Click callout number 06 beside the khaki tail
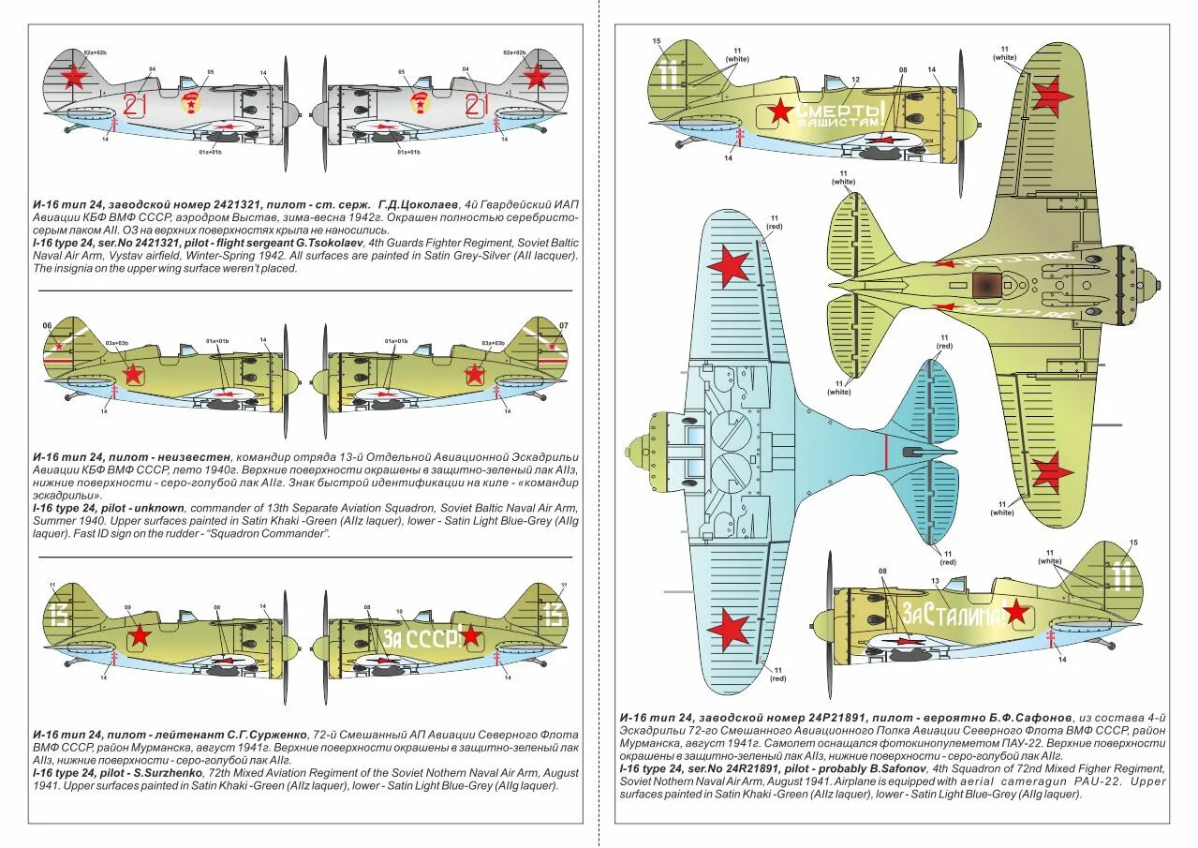pos(48,325)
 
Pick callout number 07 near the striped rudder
pos(563,325)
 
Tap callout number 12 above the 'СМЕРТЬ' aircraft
pos(855,80)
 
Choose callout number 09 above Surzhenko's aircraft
pos(127,607)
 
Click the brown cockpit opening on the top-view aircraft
pos(988,285)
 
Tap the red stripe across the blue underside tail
pos(885,453)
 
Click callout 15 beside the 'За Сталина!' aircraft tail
pos(1134,543)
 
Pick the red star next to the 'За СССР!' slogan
pos(470,637)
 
